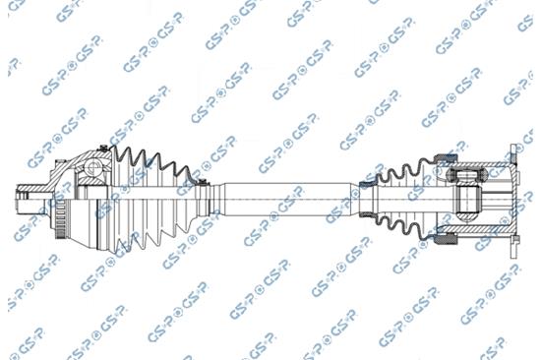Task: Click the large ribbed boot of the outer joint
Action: coord(148,197)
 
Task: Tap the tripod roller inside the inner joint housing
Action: coord(461,178)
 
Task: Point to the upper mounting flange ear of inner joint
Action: coord(512,154)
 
